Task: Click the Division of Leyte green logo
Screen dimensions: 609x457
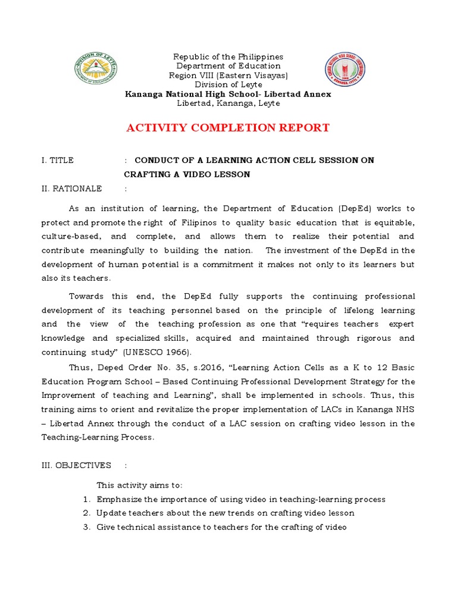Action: [x=96, y=69]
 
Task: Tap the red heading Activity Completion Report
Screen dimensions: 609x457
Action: [x=228, y=128]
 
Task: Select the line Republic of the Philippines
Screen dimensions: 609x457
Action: [x=228, y=56]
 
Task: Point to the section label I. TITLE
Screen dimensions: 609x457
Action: [x=58, y=161]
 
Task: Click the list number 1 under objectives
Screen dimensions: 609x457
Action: [x=86, y=500]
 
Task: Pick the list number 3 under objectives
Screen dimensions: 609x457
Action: [x=86, y=527]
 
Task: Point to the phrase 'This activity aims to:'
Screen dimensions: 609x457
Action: [x=139, y=485]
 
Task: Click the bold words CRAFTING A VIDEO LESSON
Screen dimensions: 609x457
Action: [x=187, y=174]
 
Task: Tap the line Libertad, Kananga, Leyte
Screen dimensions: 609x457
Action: [x=228, y=103]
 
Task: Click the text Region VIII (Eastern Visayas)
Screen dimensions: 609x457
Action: [x=228, y=76]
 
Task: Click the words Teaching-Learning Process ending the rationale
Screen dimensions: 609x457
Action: [x=98, y=437]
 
